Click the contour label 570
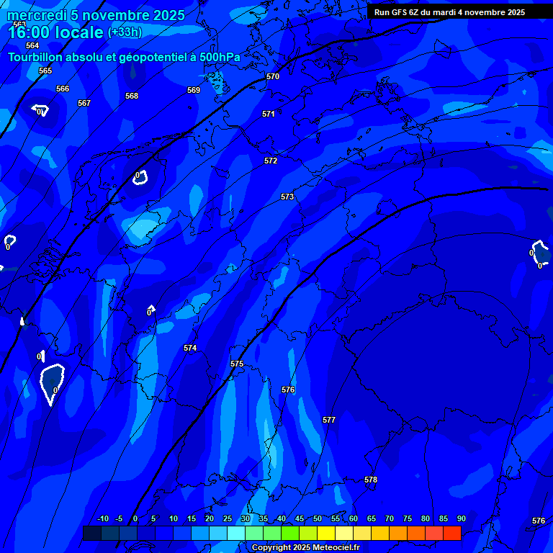[273, 76]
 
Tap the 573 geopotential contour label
[287, 197]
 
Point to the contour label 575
[237, 364]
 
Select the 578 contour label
[371, 480]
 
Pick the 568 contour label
[132, 96]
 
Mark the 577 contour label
[329, 420]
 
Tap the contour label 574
[190, 348]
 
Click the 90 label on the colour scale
[461, 518]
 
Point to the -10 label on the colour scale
[102, 518]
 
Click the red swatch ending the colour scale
[452, 533]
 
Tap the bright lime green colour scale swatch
[290, 533]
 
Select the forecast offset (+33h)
[125, 32]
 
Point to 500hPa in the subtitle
[221, 57]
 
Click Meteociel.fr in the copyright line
[336, 548]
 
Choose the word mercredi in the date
[36, 15]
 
